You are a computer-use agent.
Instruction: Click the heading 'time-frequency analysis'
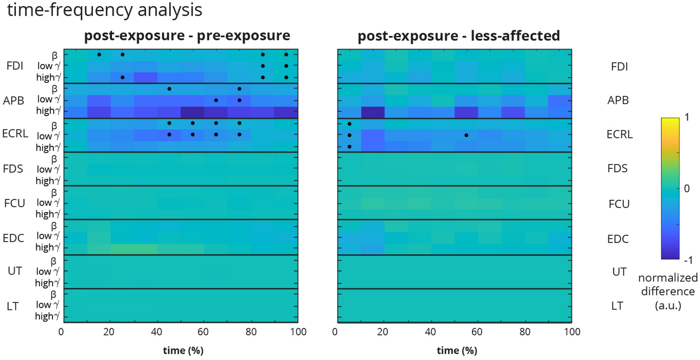[x=105, y=10]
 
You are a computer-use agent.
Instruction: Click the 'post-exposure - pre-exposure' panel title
[x=187, y=36]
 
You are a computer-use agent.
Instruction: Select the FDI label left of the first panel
[x=16, y=66]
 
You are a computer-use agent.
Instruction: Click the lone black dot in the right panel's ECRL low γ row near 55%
[x=466, y=135]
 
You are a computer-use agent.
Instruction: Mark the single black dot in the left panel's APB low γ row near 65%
[x=216, y=100]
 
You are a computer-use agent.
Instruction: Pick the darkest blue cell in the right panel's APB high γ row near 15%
[x=372, y=112]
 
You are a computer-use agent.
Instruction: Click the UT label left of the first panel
[x=15, y=272]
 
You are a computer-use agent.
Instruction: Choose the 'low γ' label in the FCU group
[x=47, y=203]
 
